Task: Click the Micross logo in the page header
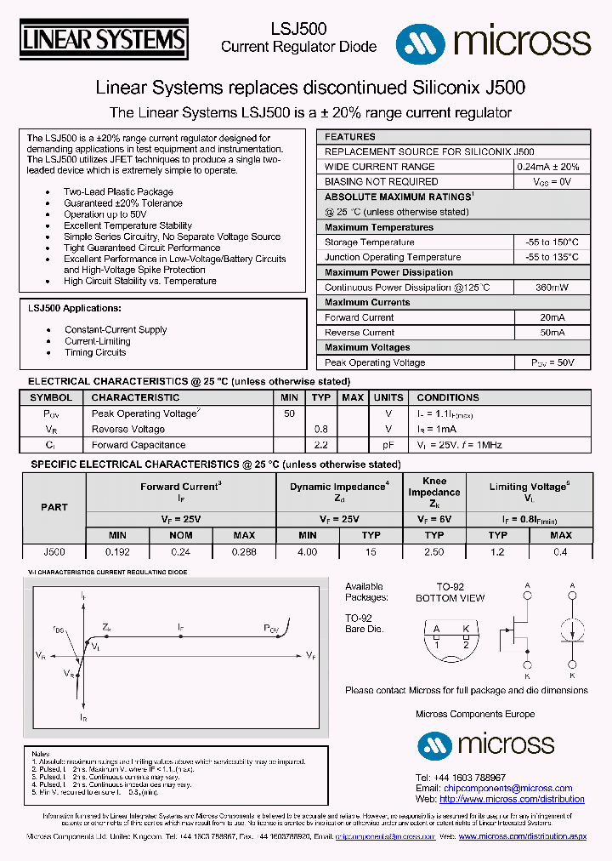coord(493,41)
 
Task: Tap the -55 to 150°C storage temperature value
coord(552,242)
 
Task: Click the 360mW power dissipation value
coord(552,288)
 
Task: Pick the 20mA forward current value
coord(552,317)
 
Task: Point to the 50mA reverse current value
coord(552,333)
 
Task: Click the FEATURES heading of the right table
coord(350,137)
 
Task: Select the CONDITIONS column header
coord(448,397)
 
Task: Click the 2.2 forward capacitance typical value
coord(320,445)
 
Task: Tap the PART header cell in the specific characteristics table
coord(54,507)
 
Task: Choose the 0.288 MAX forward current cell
coord(244,552)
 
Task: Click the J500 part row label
coord(54,552)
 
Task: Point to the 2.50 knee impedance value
coord(433,552)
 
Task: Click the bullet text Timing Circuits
coord(95,352)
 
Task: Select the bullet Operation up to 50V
coord(105,214)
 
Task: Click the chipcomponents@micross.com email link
coord(507,789)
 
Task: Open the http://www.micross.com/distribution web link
coord(512,800)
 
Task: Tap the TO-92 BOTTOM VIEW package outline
coord(450,636)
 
